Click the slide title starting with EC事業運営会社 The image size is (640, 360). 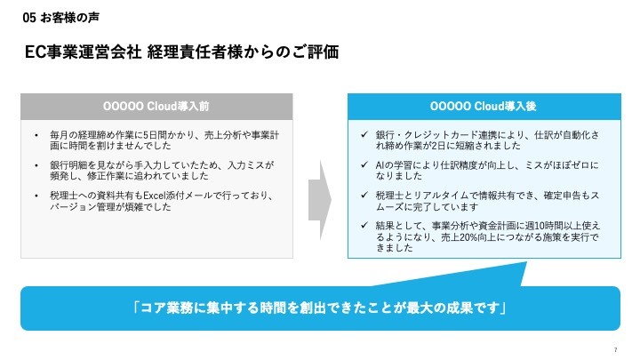point(181,52)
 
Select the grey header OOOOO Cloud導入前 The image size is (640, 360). point(156,106)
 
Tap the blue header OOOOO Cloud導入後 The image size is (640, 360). point(483,106)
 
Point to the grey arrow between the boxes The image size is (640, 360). point(319,197)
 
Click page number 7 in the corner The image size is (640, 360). point(615,348)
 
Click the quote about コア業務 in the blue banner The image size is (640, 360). point(320,308)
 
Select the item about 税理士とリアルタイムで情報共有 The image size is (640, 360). point(488,201)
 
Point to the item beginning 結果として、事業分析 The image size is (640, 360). point(488,236)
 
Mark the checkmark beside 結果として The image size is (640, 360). point(353,225)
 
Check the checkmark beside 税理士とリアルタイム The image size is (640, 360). point(353,196)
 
